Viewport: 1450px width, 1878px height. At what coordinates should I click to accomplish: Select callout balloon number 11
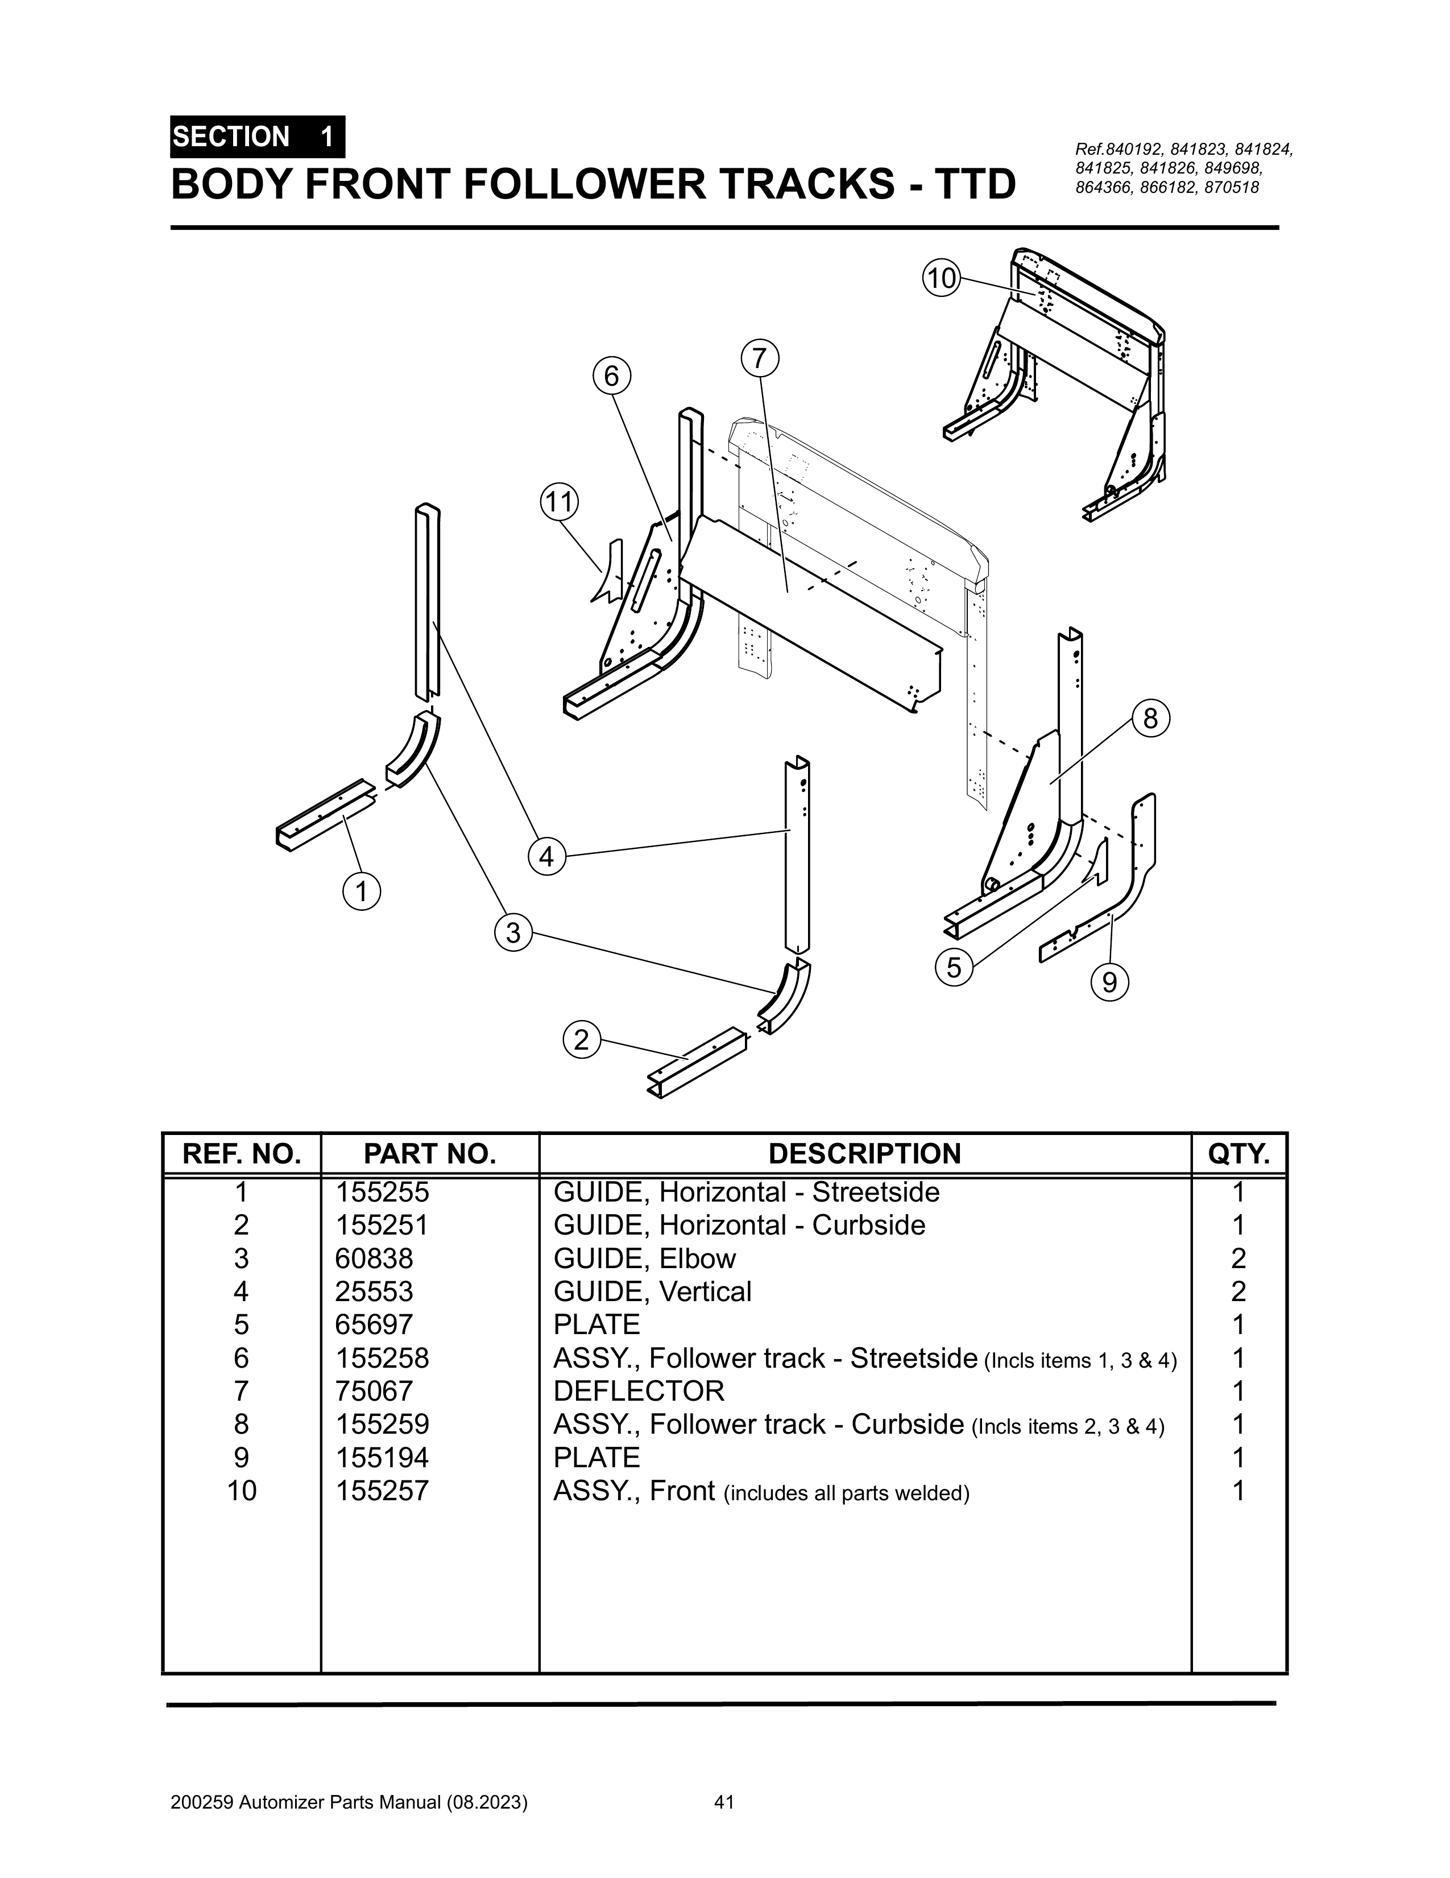point(560,501)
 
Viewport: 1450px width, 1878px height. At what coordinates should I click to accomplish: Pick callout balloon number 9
point(1109,981)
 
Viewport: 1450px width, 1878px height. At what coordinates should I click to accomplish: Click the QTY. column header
point(1238,1153)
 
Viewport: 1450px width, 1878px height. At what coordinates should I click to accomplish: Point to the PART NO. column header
point(430,1153)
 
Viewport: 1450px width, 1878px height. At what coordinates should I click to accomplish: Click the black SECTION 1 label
point(258,137)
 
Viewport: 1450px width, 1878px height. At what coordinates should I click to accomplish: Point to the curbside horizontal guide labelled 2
point(697,1063)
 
